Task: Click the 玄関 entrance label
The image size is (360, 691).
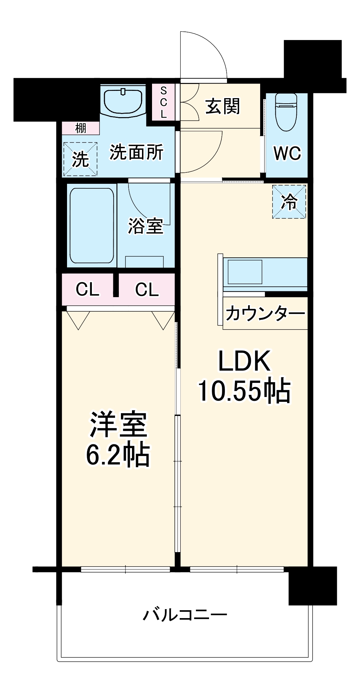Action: [222, 106]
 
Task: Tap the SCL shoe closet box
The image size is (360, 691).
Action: [163, 103]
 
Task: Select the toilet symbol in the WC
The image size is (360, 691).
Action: [286, 112]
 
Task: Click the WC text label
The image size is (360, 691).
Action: [287, 153]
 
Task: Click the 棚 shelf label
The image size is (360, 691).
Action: [81, 129]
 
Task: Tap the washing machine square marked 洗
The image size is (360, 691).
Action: [80, 159]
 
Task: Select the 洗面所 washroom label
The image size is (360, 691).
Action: [136, 152]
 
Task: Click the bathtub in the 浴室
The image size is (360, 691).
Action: [92, 226]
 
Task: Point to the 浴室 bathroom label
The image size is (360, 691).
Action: [145, 226]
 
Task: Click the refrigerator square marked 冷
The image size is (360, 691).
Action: [289, 202]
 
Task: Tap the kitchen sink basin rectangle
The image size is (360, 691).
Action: [245, 272]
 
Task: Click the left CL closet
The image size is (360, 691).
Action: [87, 289]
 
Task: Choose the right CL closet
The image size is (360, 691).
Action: [147, 289]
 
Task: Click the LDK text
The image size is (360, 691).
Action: [244, 361]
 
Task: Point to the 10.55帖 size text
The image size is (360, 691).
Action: [244, 391]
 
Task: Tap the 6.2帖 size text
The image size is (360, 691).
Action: [118, 454]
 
